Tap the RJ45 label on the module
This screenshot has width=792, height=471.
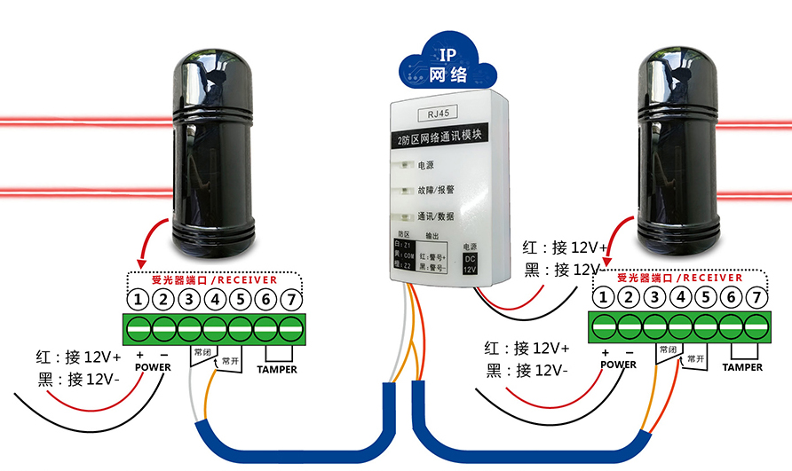[x=440, y=114]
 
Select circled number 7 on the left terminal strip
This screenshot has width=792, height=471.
[x=291, y=299]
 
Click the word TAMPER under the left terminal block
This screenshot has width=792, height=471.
[x=277, y=370]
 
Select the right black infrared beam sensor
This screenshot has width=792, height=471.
[x=679, y=146]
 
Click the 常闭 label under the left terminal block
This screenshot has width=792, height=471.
[x=202, y=352]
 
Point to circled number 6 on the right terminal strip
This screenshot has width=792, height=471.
[x=732, y=296]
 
